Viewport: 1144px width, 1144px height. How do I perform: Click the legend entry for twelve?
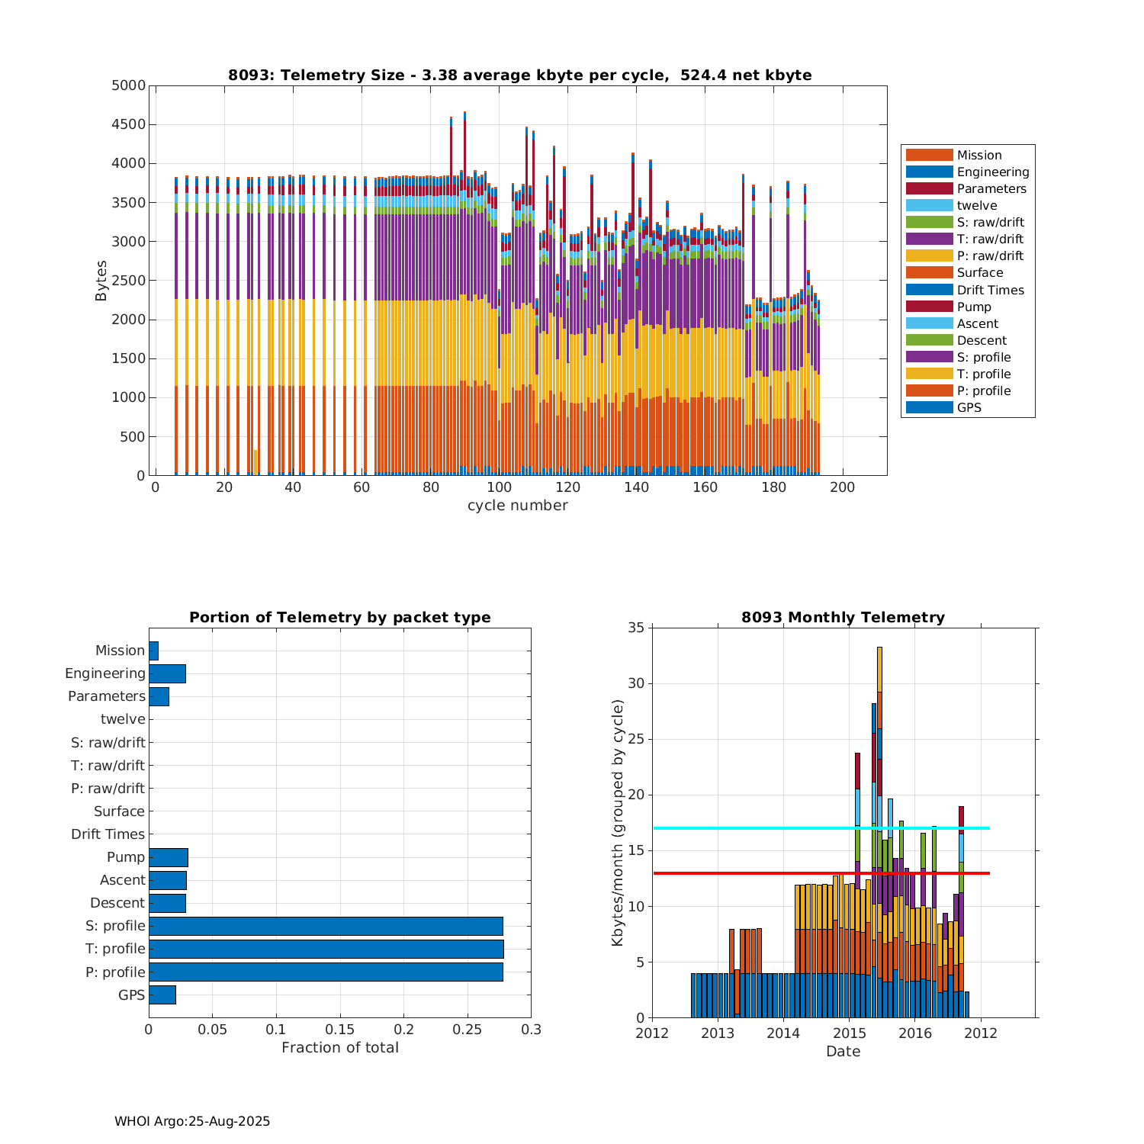tap(976, 206)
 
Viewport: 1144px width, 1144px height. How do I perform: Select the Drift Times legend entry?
tap(990, 290)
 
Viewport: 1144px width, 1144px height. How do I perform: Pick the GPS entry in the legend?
tap(969, 407)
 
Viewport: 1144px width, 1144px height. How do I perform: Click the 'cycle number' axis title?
tap(517, 506)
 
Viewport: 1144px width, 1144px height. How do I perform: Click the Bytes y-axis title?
tap(101, 281)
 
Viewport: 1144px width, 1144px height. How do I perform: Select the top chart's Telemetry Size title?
tap(519, 75)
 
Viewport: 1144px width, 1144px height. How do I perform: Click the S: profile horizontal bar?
tap(326, 926)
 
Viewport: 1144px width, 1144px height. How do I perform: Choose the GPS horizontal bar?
tap(162, 995)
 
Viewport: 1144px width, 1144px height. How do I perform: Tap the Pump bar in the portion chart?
tap(168, 857)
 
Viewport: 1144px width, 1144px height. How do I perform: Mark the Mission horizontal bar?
tap(153, 651)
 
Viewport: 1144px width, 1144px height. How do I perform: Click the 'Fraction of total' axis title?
tap(339, 1048)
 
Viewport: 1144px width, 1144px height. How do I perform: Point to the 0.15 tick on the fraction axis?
tap(340, 1030)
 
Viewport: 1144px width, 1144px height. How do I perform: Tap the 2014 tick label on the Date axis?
tap(783, 1033)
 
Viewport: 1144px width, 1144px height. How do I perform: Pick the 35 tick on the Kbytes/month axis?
tap(636, 628)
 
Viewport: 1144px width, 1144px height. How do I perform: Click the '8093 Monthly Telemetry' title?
tap(843, 617)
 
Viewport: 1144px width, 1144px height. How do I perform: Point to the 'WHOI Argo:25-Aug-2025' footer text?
tap(192, 1121)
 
